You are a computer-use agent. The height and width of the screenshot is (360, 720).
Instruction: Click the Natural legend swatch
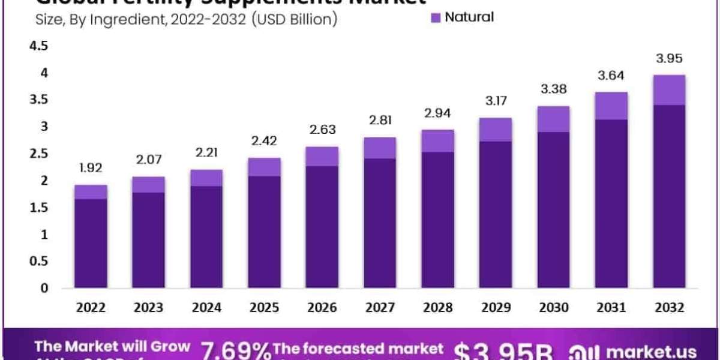click(436, 17)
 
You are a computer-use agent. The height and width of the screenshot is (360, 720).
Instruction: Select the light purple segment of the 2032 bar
click(670, 90)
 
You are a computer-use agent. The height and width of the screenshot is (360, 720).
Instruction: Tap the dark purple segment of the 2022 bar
click(91, 243)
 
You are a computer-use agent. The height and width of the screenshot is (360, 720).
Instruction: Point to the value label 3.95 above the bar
click(670, 59)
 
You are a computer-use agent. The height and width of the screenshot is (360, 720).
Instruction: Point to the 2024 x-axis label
click(207, 307)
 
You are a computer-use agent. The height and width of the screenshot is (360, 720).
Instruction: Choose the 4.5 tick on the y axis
click(38, 47)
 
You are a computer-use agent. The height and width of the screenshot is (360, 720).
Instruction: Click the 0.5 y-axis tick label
click(38, 261)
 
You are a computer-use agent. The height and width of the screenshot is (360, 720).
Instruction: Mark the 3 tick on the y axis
click(43, 127)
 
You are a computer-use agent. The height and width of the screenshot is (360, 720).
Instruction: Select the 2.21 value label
click(207, 153)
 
